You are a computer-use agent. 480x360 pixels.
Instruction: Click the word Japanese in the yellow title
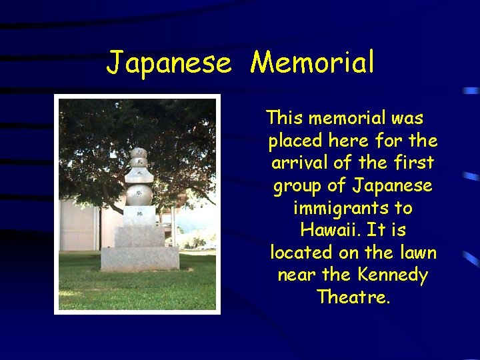[x=169, y=63]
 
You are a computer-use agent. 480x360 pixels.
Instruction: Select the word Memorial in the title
[x=312, y=63]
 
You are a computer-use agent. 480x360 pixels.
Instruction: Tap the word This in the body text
[x=285, y=119]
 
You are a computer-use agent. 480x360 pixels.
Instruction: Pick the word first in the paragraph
[x=413, y=163]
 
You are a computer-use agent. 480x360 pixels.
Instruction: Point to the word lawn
[x=415, y=253]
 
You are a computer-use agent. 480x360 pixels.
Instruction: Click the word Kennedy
[x=392, y=275]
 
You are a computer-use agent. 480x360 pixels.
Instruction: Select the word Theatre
[x=353, y=297]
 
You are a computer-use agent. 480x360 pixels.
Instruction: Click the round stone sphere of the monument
[x=139, y=195]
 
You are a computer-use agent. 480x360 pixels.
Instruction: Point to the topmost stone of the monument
[x=139, y=153]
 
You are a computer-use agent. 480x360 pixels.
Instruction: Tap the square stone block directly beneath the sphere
[x=140, y=215]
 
